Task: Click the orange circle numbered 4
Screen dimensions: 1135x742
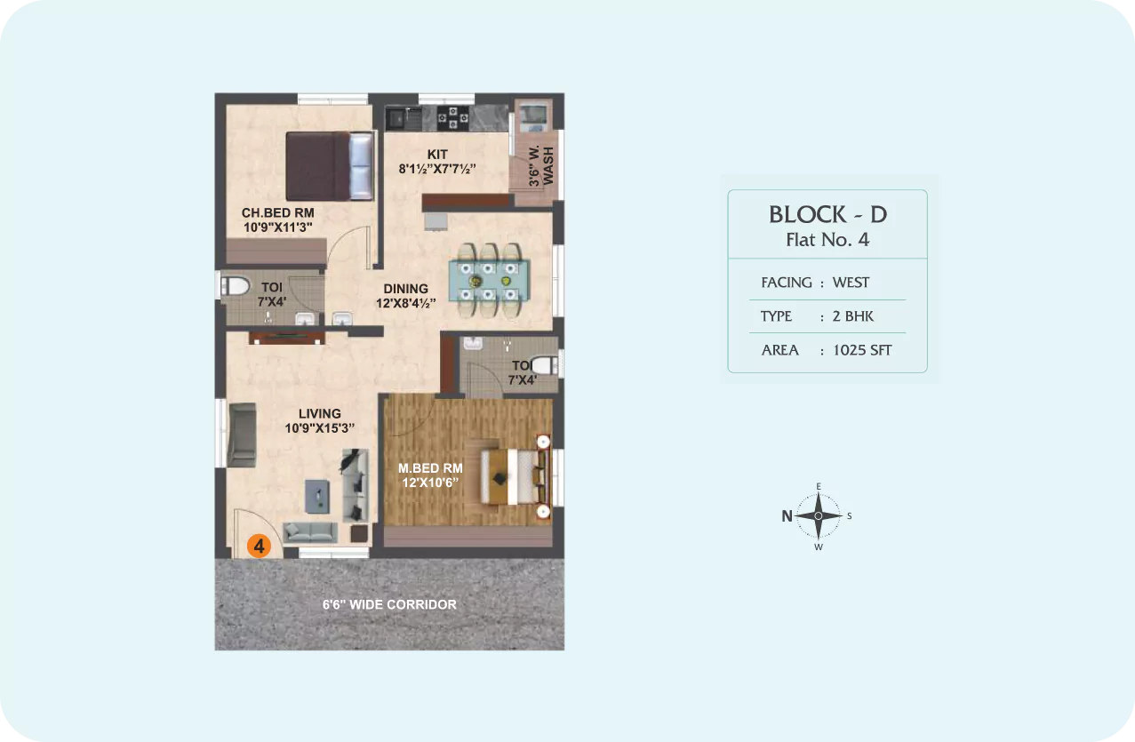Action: point(259,546)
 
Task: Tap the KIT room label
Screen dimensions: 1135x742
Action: point(437,155)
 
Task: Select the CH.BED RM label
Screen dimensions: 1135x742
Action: point(277,212)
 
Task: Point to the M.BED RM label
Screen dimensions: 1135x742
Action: point(430,468)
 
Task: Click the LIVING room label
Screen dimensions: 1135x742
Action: point(320,414)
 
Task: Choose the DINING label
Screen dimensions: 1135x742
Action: point(406,289)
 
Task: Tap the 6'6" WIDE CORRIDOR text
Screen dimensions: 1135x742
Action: point(389,605)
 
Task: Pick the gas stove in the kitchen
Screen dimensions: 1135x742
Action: point(453,118)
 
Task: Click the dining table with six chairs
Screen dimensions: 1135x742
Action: point(489,281)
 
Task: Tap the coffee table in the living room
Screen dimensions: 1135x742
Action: point(317,497)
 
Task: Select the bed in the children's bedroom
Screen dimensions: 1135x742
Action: point(330,166)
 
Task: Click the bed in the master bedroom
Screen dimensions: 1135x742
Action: point(515,476)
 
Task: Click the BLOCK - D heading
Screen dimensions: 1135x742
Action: point(828,215)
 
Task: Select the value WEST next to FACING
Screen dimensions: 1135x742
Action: point(851,283)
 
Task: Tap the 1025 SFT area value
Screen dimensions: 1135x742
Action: point(862,350)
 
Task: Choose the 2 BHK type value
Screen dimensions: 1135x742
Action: point(852,316)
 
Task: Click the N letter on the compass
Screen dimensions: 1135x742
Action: point(787,516)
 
